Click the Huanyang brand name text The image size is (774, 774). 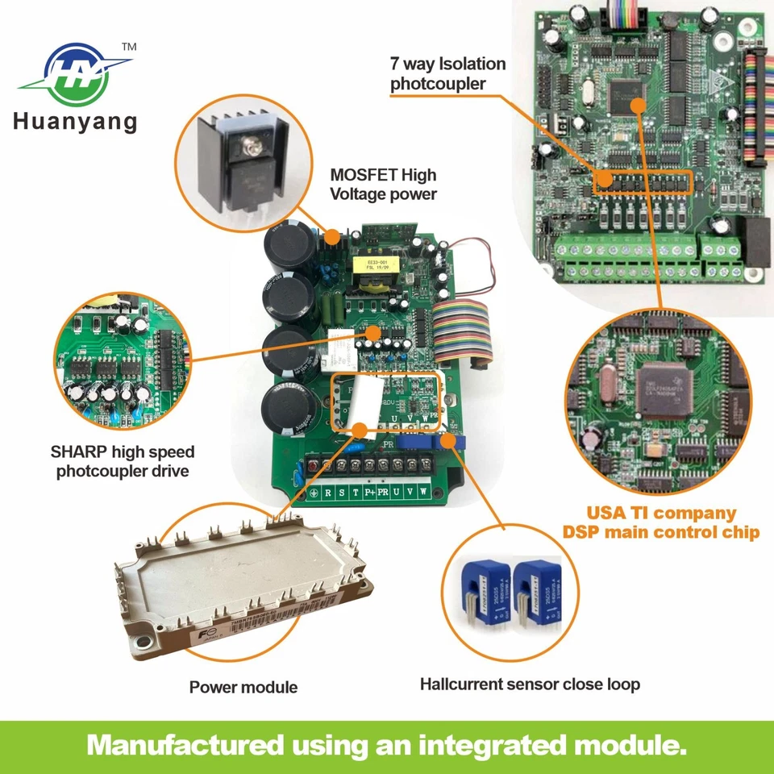[75, 122]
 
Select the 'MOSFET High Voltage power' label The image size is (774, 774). [384, 184]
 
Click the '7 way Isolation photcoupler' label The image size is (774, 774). [448, 73]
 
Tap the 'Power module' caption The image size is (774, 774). [243, 687]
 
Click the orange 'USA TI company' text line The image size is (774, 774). [661, 513]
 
